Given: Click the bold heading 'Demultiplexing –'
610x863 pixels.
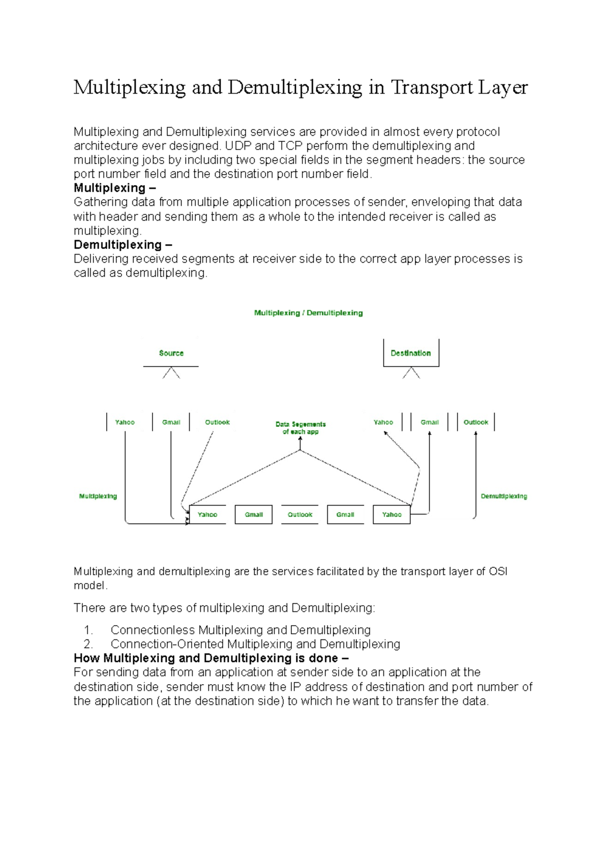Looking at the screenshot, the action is coord(123,244).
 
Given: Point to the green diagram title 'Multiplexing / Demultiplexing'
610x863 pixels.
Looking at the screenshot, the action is coord(308,313).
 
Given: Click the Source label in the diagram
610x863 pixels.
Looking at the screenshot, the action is coord(171,353).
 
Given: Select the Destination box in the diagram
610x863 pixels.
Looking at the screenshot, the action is coord(411,353).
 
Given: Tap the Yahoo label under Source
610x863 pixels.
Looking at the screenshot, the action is coord(125,422).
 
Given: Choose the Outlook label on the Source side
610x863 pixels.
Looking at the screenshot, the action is coord(217,422).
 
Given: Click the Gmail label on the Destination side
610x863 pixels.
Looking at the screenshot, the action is coord(430,422).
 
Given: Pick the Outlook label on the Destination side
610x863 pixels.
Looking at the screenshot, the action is coord(476,422).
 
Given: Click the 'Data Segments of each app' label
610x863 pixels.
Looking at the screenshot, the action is coord(300,428).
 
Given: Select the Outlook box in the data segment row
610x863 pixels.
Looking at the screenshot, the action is coord(300,514).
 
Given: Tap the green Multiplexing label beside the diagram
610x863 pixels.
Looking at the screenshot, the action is coord(98,496).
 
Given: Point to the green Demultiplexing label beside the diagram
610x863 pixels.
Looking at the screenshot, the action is coord(504,496).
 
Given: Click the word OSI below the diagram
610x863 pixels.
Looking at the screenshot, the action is coord(498,571).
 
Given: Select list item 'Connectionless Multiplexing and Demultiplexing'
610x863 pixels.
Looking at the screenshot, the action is coord(240,630).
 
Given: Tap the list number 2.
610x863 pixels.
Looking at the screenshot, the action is coord(88,644).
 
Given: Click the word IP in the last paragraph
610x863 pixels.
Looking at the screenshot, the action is coord(295,687).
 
